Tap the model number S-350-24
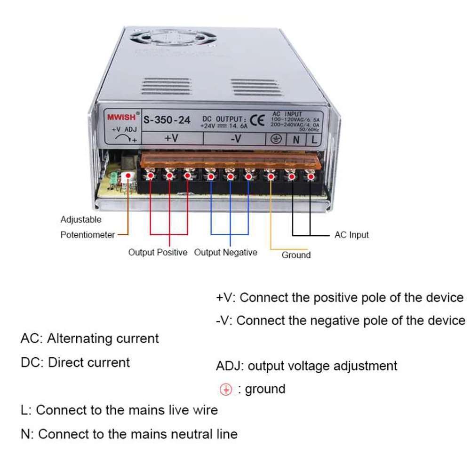tap(167, 120)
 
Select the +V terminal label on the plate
tap(171, 138)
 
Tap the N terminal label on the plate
tap(296, 139)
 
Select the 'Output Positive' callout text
tap(158, 253)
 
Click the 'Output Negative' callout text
tap(226, 253)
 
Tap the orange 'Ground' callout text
tap(296, 255)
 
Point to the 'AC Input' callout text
tap(351, 235)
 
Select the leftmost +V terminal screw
tap(150, 176)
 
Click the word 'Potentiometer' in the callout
tap(88, 235)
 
